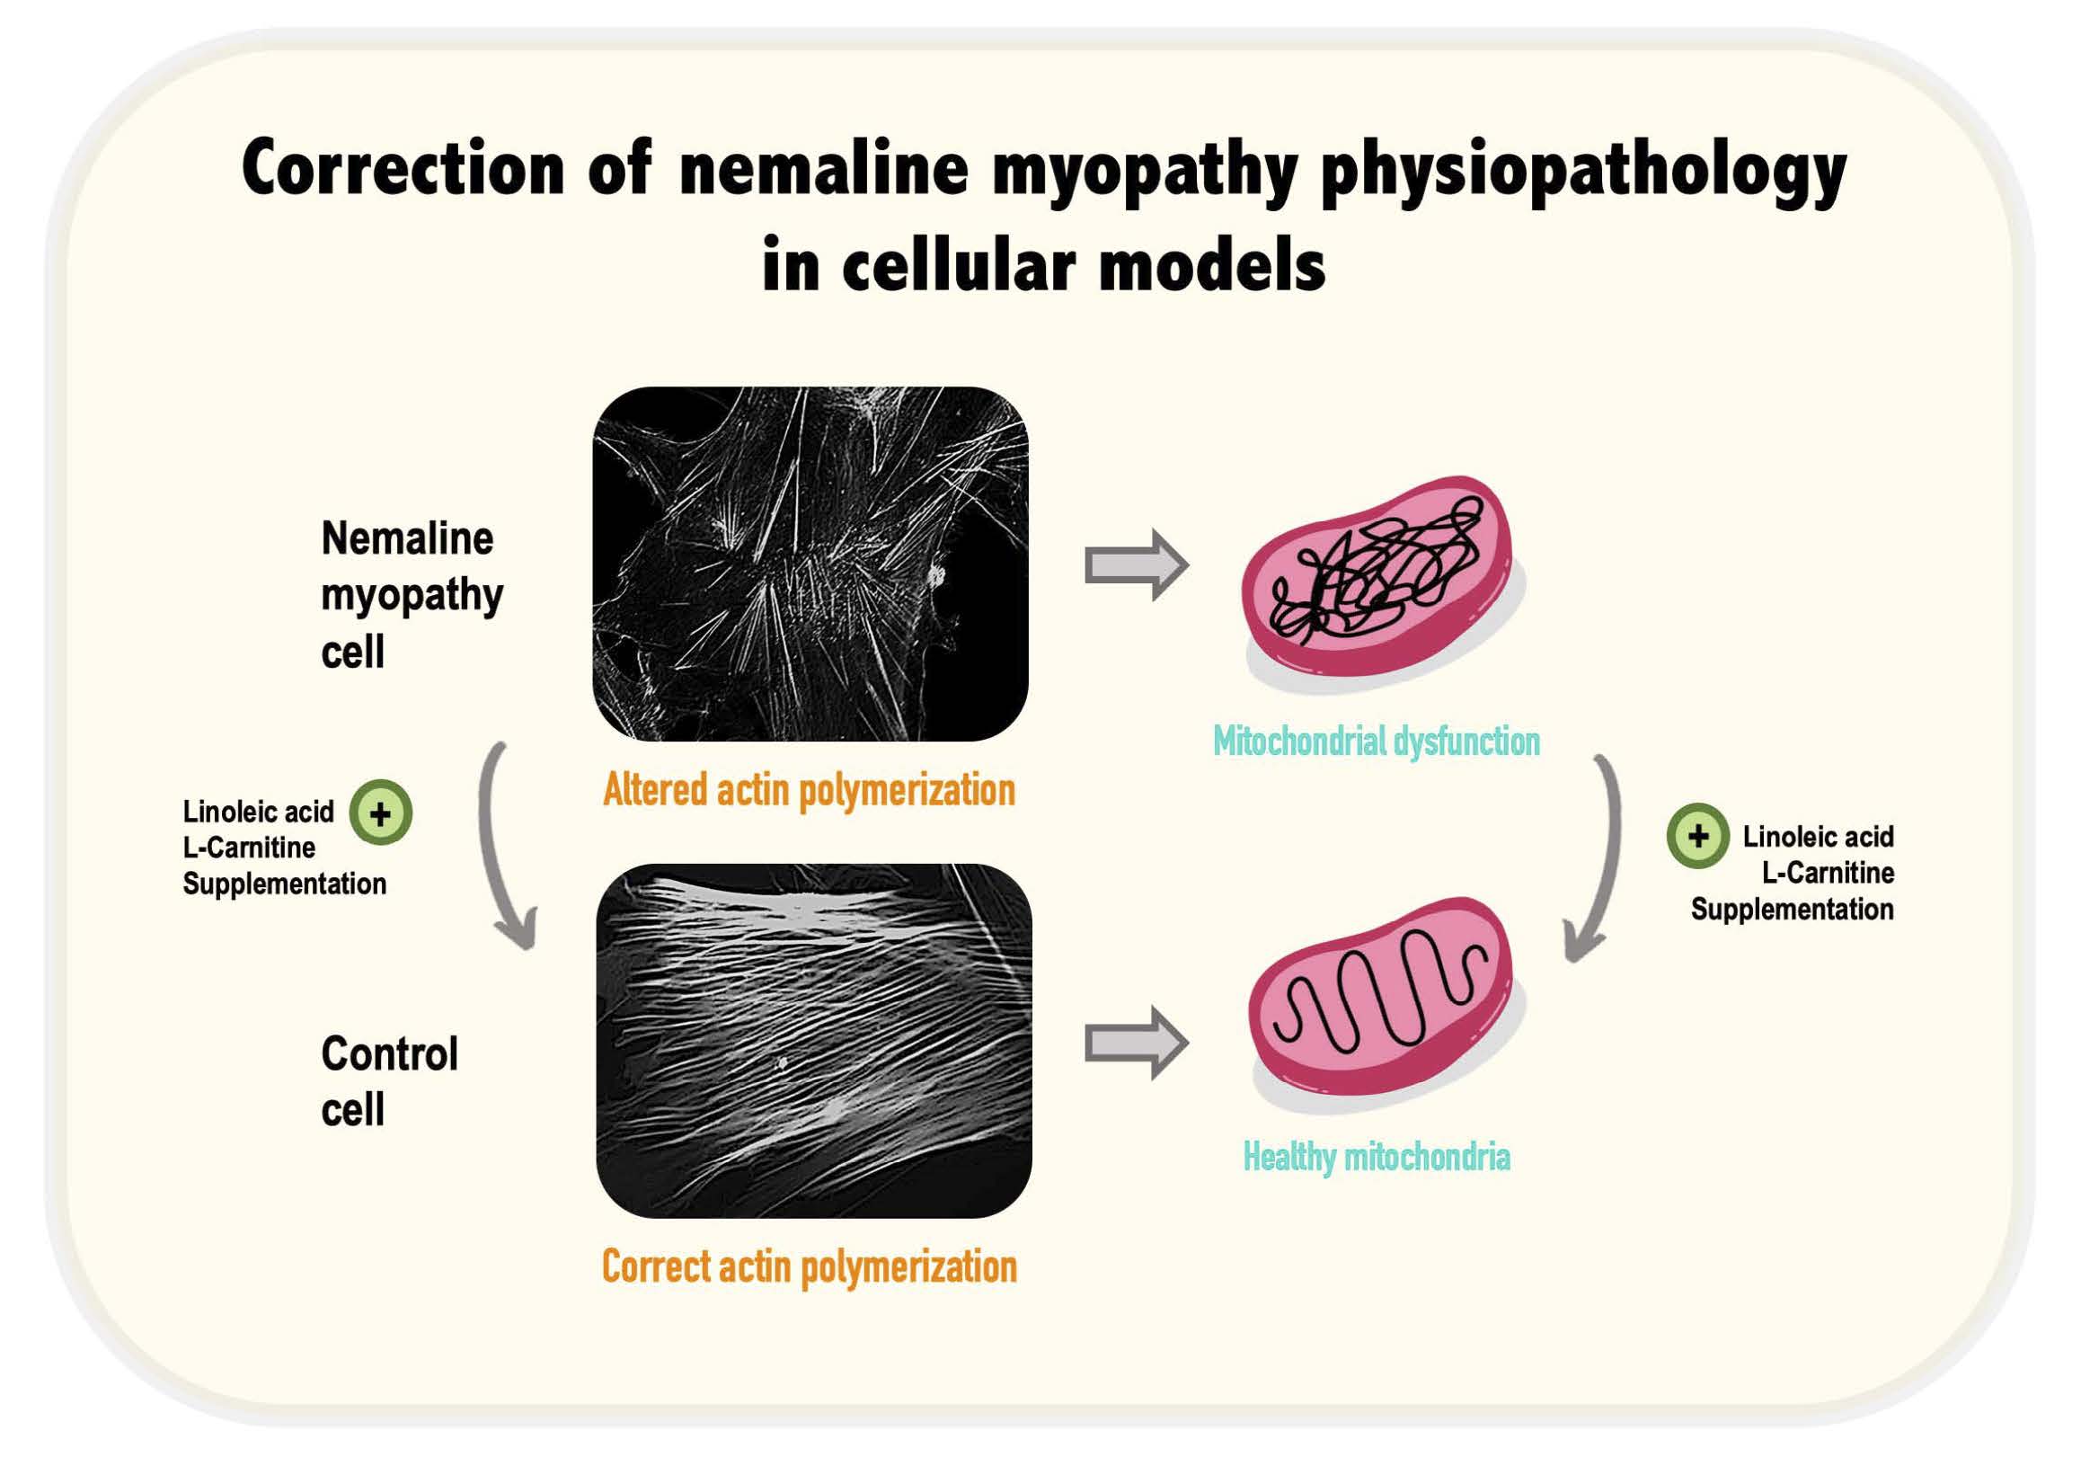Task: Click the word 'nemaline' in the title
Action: [824, 170]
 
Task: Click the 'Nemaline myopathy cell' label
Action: [412, 596]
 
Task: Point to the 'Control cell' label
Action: [390, 1080]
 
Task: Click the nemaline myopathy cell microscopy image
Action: [810, 564]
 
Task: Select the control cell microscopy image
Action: [814, 1040]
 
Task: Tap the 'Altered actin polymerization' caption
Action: [809, 791]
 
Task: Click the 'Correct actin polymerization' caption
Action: [810, 1267]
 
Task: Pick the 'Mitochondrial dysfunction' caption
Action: [1377, 742]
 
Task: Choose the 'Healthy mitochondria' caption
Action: [1377, 1157]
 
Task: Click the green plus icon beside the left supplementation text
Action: [381, 813]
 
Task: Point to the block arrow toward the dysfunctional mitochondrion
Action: [1137, 564]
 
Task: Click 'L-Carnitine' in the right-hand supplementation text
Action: [1829, 873]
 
